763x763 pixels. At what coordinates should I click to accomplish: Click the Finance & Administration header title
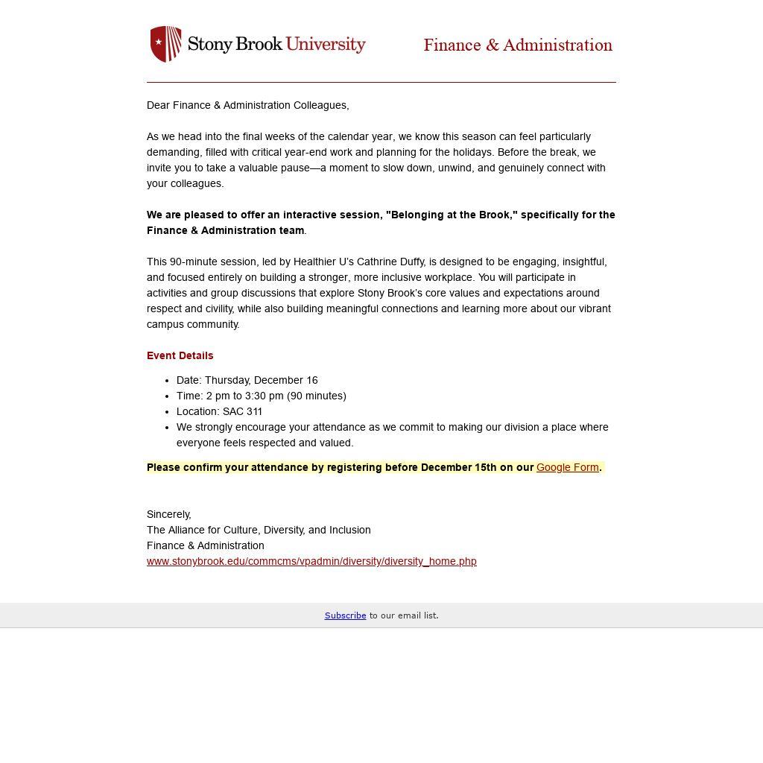pyautogui.click(x=518, y=45)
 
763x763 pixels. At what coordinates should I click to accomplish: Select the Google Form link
pyautogui.click(x=567, y=467)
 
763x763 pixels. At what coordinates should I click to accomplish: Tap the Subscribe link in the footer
pyautogui.click(x=345, y=615)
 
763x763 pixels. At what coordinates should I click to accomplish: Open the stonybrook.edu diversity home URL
pyautogui.click(x=311, y=561)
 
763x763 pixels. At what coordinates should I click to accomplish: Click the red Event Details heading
pyautogui.click(x=180, y=355)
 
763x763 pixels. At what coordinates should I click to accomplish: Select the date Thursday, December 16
pyautogui.click(x=262, y=380)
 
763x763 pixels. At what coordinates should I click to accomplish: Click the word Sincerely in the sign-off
pyautogui.click(x=168, y=514)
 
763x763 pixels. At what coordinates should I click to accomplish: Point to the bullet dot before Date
pyautogui.click(x=168, y=380)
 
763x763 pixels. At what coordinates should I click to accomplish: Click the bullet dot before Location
pyautogui.click(x=168, y=411)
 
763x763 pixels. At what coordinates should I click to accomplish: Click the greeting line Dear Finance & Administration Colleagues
pyautogui.click(x=247, y=105)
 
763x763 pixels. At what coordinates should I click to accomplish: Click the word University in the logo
pyautogui.click(x=326, y=44)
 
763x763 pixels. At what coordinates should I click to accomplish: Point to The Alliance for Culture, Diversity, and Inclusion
pyautogui.click(x=259, y=530)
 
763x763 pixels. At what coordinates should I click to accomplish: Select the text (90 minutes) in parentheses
pyautogui.click(x=317, y=396)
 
